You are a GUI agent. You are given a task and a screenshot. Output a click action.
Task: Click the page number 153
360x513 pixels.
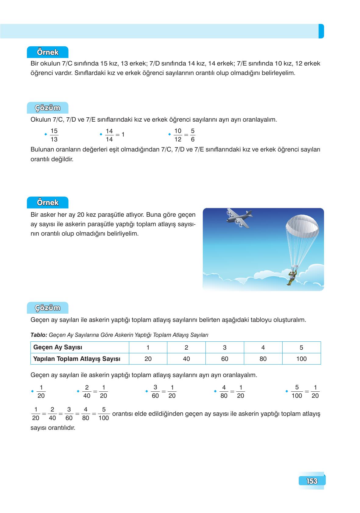312,481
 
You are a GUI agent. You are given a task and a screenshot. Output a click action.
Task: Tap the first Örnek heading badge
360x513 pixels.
48,52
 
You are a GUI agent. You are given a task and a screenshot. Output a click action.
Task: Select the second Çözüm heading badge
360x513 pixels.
48,308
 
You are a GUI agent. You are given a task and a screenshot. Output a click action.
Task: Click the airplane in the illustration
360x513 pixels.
239,218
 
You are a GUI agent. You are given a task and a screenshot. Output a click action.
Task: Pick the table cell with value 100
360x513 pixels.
301,359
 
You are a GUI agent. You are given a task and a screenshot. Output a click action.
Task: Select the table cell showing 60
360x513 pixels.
225,359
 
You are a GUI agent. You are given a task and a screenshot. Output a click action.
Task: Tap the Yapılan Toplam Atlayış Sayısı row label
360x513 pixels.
77,359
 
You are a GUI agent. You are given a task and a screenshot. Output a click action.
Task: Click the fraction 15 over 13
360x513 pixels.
54,135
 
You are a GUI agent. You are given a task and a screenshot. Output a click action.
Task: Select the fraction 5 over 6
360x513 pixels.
193,135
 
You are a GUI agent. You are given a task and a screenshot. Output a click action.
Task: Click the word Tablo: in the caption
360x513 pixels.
39,335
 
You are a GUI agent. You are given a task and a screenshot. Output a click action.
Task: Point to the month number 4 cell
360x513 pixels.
263,347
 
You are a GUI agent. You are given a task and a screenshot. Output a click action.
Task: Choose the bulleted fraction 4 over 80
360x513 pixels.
224,391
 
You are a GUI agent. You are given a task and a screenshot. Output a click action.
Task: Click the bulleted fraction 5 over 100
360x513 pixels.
297,391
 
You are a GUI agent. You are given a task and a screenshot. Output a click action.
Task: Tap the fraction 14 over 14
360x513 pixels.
109,135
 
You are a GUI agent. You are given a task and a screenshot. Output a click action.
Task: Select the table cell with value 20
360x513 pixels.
148,359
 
